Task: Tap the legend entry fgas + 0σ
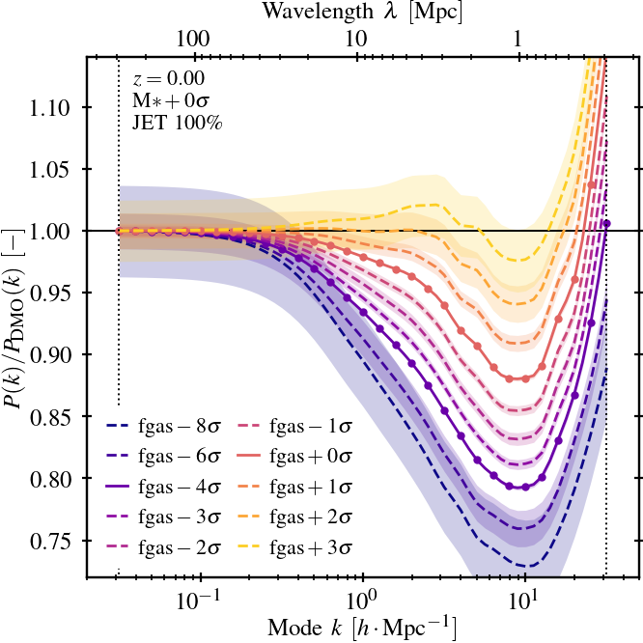(309, 455)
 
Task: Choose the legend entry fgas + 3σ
(309, 547)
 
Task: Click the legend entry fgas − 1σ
(309, 424)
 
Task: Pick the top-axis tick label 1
(518, 40)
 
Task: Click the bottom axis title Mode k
(362, 627)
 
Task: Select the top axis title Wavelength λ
(362, 14)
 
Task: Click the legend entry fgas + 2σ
(309, 517)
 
